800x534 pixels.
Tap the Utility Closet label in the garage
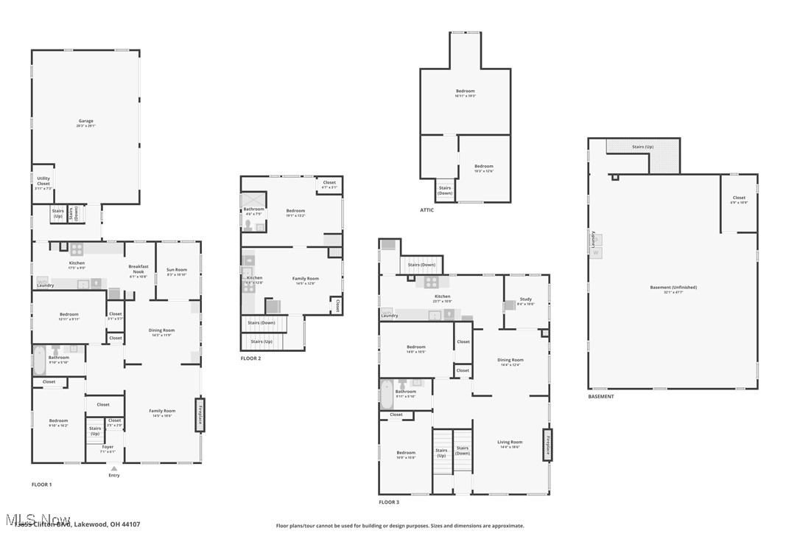43,181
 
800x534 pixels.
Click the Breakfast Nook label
138,269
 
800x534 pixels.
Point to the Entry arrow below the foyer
113,468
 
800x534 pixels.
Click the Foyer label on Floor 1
108,447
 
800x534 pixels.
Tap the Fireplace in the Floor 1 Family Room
199,415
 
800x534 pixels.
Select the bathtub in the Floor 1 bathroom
39,360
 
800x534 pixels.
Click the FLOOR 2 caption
250,358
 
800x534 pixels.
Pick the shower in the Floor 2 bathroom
253,200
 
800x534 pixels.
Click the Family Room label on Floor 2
306,279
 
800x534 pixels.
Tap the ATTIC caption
427,210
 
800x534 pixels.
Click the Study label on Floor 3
526,299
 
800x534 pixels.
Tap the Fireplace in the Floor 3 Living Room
548,445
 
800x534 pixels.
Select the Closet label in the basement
738,198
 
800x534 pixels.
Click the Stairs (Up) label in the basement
642,147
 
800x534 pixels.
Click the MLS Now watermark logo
36,520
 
